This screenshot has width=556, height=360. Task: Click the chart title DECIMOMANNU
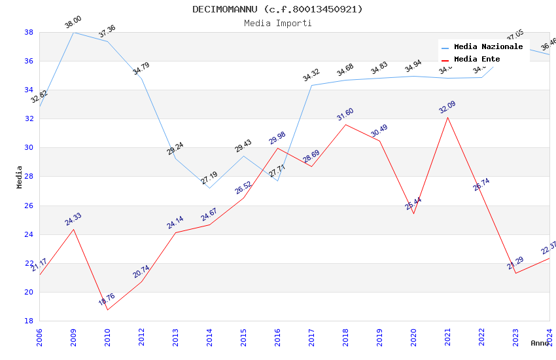click(x=277, y=9)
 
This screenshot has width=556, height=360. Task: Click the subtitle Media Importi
click(x=277, y=23)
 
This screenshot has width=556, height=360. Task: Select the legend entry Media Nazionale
click(x=488, y=46)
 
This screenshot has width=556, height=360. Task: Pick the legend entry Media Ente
click(x=477, y=59)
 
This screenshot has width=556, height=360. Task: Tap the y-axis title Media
click(x=19, y=177)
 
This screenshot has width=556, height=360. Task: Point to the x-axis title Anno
click(x=540, y=343)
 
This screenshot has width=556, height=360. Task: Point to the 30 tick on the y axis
click(x=29, y=148)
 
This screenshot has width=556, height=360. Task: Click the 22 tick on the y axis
click(x=29, y=263)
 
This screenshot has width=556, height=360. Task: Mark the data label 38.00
click(x=73, y=24)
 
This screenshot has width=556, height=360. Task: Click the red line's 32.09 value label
click(x=447, y=107)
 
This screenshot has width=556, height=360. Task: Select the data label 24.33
click(x=73, y=219)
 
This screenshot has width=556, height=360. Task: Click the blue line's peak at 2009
click(x=73, y=32)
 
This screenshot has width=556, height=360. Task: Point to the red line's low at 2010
click(x=107, y=310)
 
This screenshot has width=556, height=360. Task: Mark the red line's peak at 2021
click(x=447, y=117)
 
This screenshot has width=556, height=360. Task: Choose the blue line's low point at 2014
click(x=209, y=188)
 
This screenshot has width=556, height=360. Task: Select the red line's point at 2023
click(x=515, y=273)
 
